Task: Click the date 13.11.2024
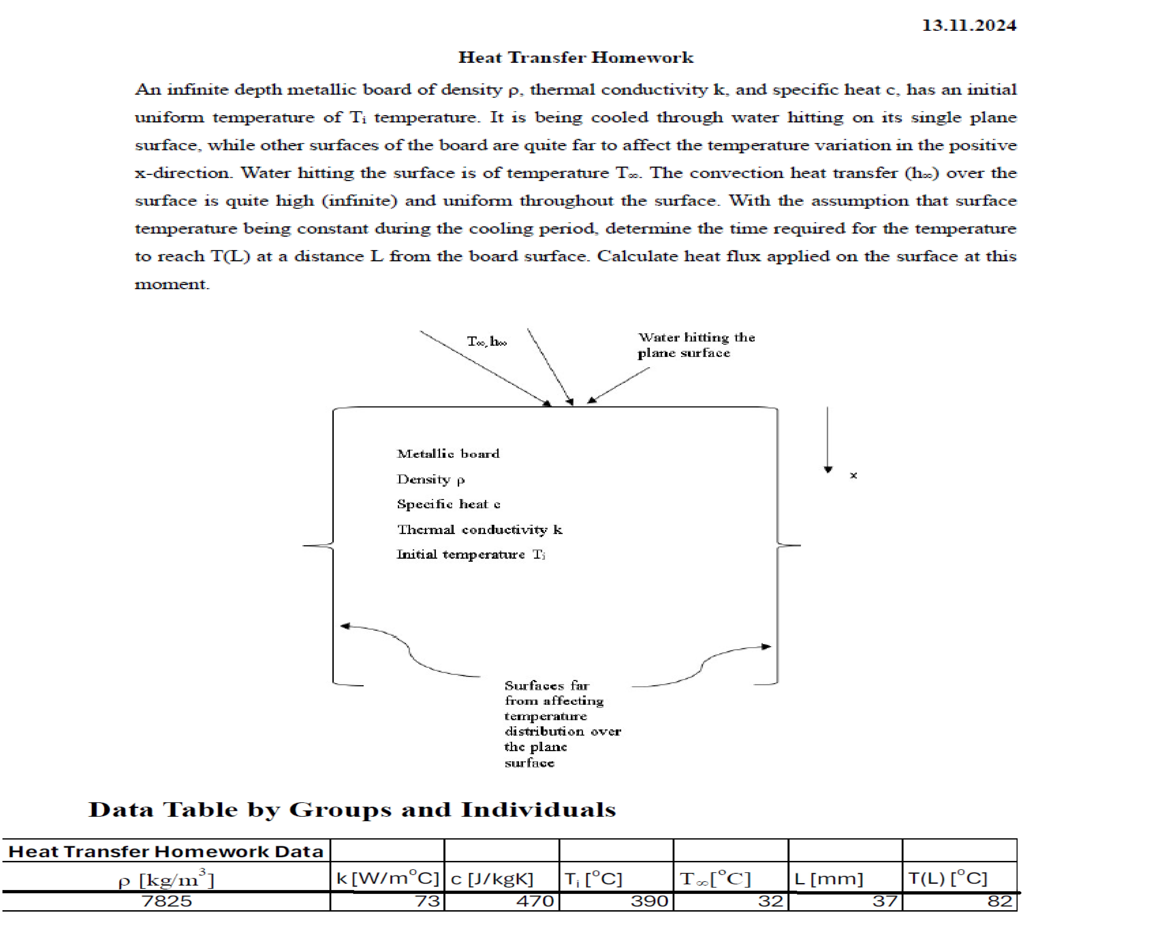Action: coord(968,25)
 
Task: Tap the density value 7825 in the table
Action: coord(167,901)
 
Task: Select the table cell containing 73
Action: coord(427,901)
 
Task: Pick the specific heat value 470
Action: coord(535,901)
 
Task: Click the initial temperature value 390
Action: coord(649,901)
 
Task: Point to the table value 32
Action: coord(771,901)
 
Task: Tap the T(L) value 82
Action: coord(999,901)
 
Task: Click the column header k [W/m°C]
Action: coord(387,878)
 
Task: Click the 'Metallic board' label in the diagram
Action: coord(448,454)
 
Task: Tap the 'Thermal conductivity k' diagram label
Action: coord(479,530)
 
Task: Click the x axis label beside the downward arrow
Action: coord(853,476)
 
